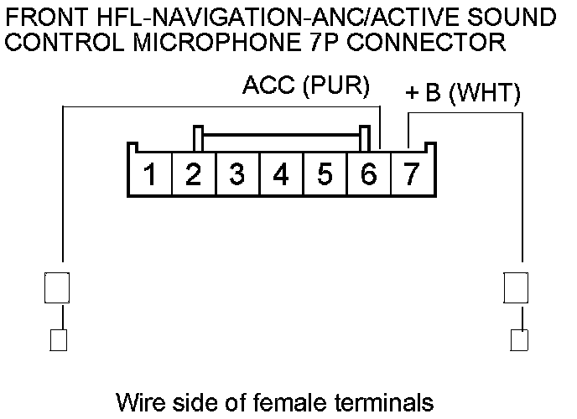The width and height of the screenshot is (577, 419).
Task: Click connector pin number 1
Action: pyautogui.click(x=150, y=174)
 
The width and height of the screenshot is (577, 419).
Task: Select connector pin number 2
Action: pyautogui.click(x=194, y=174)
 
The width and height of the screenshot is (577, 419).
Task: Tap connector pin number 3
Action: pyautogui.click(x=237, y=174)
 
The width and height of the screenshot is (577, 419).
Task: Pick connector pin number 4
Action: pyautogui.click(x=281, y=174)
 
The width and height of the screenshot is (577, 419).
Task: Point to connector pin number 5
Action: pyautogui.click(x=325, y=174)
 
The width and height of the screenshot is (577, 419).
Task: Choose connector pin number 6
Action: pyautogui.click(x=368, y=174)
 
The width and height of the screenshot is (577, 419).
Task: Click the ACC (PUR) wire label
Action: pyautogui.click(x=305, y=86)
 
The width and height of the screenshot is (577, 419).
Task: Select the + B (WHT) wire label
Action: pyautogui.click(x=462, y=94)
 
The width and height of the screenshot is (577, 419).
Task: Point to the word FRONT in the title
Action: pyautogui.click(x=42, y=17)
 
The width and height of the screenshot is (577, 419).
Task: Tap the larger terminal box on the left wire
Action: pyautogui.click(x=56, y=287)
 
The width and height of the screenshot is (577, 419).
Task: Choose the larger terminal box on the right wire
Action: pyautogui.click(x=516, y=287)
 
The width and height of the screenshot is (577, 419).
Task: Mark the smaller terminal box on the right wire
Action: pyautogui.click(x=519, y=339)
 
